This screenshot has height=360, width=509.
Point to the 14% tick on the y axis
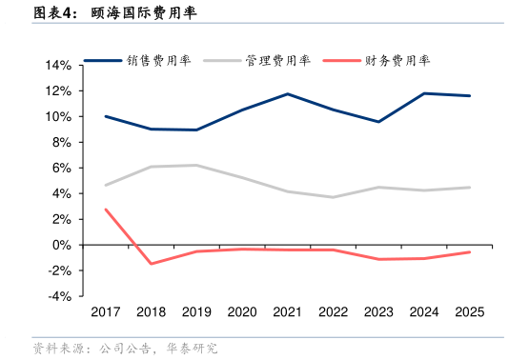pyautogui.click(x=57, y=66)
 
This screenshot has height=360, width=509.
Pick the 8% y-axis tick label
pyautogui.click(x=60, y=143)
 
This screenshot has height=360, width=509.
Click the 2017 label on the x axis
pyautogui.click(x=106, y=311)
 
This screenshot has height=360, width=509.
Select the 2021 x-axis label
pyautogui.click(x=288, y=311)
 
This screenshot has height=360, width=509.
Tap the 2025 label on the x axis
pyautogui.click(x=468, y=311)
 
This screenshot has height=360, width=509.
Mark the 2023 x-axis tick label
pyautogui.click(x=378, y=311)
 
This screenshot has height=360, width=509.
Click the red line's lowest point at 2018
pyautogui.click(x=151, y=264)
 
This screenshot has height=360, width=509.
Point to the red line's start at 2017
pyautogui.click(x=106, y=210)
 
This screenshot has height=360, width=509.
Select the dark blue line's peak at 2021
pyautogui.click(x=288, y=94)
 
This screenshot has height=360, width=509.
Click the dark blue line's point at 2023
pyautogui.click(x=378, y=122)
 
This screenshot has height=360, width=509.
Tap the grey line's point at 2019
pyautogui.click(x=196, y=165)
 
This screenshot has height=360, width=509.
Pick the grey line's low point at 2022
pyautogui.click(x=333, y=197)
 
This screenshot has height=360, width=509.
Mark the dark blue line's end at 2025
pyautogui.click(x=468, y=95)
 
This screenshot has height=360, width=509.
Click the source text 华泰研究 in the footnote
pyautogui.click(x=192, y=349)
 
